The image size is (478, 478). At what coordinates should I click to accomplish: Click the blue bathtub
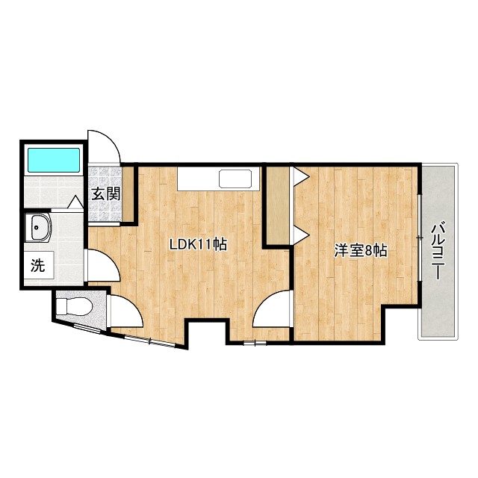(54, 160)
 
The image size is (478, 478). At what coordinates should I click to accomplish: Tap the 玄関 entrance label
(106, 194)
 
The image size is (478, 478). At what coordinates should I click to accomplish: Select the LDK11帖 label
(198, 244)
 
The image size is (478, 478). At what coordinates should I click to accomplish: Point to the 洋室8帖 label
(361, 251)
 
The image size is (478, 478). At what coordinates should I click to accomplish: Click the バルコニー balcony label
(438, 251)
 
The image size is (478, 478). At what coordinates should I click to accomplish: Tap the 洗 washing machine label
(38, 266)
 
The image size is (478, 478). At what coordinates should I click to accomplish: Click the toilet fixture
(75, 306)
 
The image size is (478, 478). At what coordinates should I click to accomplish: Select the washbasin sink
(37, 227)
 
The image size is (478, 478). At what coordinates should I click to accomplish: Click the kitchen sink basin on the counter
(235, 179)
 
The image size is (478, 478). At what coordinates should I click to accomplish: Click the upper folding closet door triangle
(302, 176)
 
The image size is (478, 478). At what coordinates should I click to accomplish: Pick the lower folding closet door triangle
(302, 235)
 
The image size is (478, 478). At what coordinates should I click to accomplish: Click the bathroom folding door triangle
(75, 202)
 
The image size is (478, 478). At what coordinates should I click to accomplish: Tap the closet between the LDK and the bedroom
(278, 205)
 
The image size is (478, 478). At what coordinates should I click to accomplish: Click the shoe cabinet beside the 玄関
(128, 194)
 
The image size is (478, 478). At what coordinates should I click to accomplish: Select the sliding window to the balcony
(420, 238)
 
